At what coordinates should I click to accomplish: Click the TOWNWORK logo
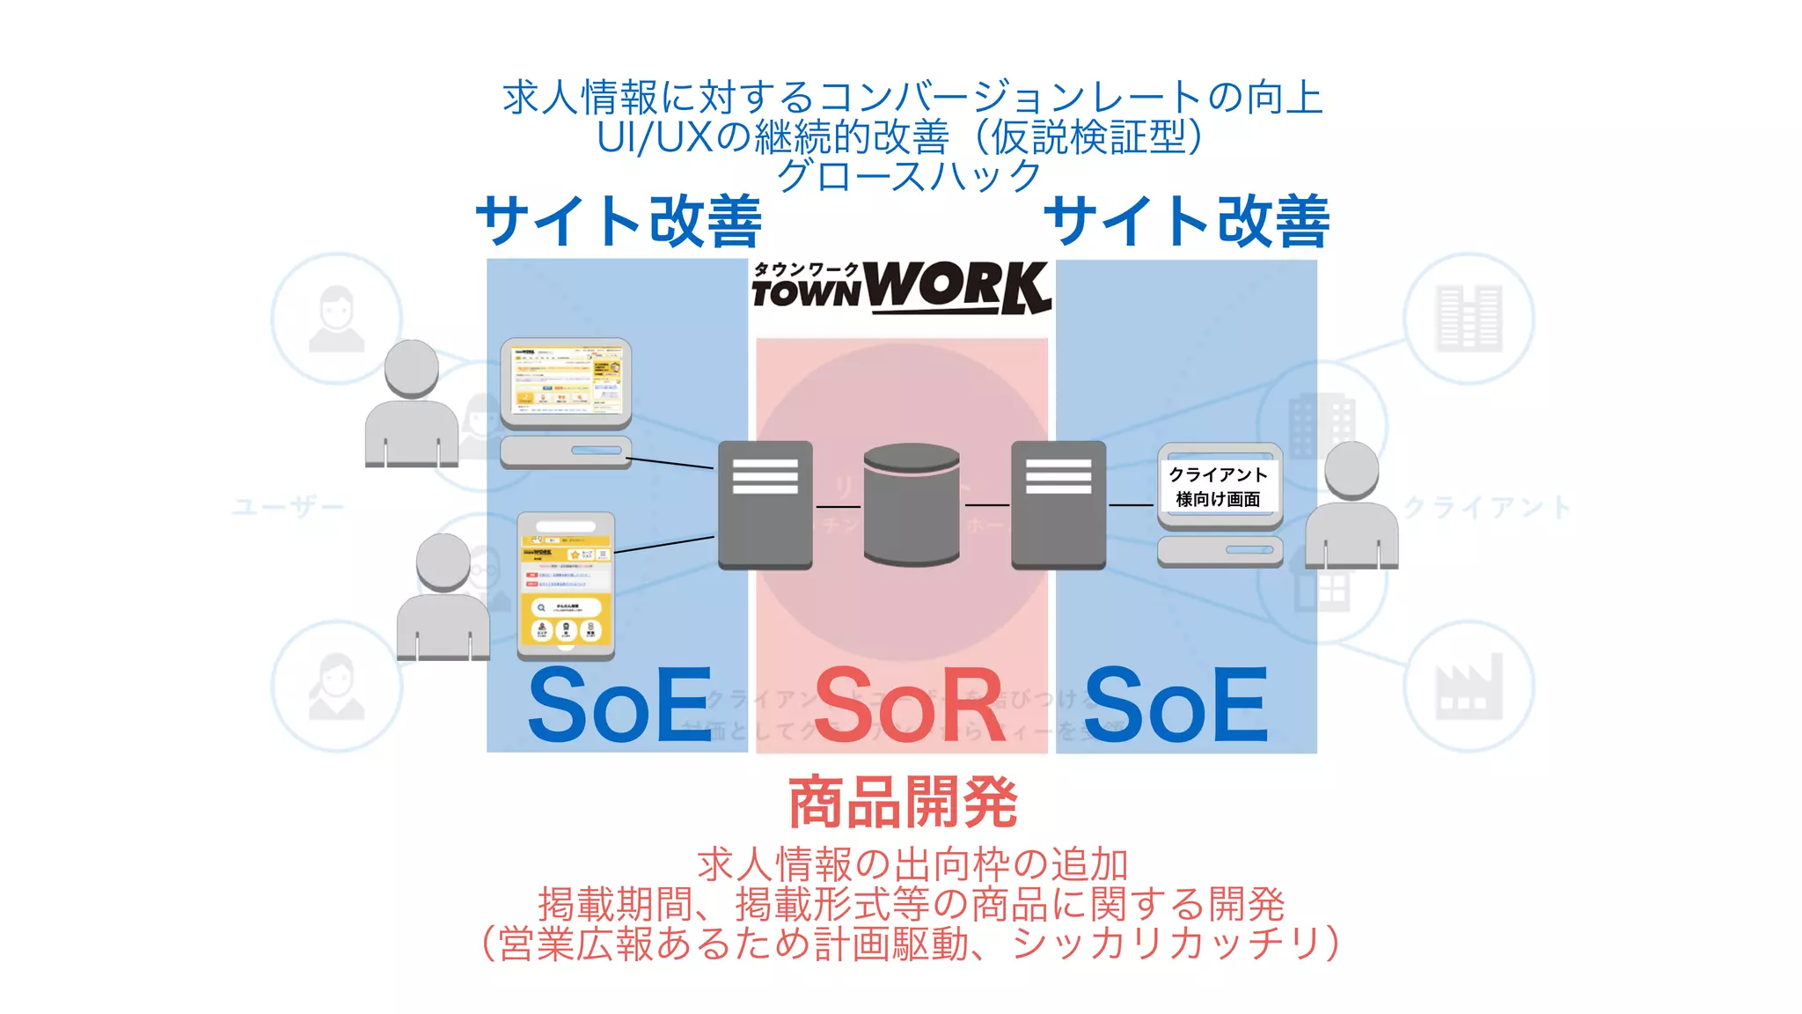tap(901, 287)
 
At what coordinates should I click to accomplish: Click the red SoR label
tap(910, 706)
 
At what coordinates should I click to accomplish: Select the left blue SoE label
tap(619, 706)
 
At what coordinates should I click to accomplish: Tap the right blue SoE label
tap(1176, 706)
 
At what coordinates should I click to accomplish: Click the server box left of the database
tap(765, 504)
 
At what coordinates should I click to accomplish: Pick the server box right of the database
tap(1058, 504)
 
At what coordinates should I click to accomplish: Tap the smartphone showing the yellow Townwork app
tap(566, 585)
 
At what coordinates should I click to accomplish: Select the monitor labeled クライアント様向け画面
tap(1219, 486)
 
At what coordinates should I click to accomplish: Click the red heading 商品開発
tap(903, 803)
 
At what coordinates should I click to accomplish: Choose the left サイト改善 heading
tap(619, 221)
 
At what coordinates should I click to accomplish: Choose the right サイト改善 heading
tap(1186, 221)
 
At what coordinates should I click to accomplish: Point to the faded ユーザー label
tap(288, 508)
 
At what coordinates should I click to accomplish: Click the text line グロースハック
tap(909, 175)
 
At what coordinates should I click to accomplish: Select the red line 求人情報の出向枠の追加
tap(912, 864)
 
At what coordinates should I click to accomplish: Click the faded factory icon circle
tap(1469, 686)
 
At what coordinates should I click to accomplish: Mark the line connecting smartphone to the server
tap(664, 544)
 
